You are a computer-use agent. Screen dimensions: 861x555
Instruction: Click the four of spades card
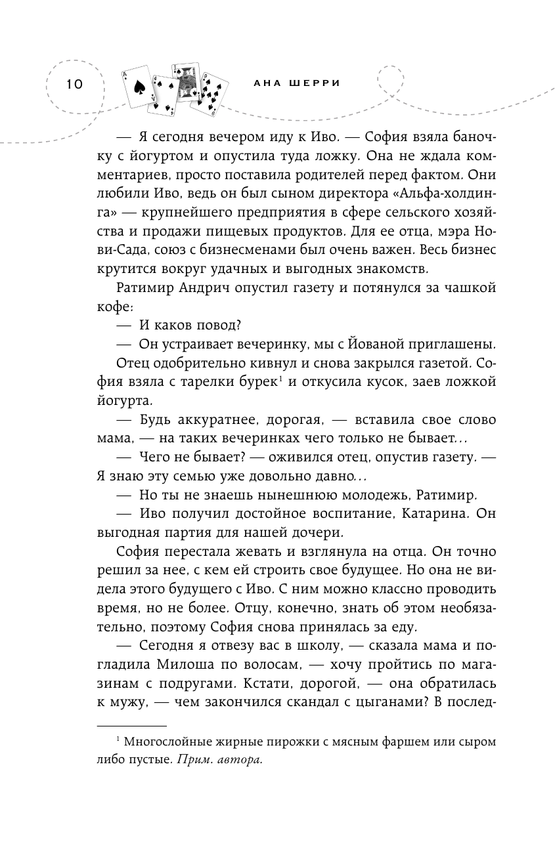pos(164,94)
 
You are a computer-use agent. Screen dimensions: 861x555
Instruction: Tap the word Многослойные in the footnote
pos(168,742)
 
